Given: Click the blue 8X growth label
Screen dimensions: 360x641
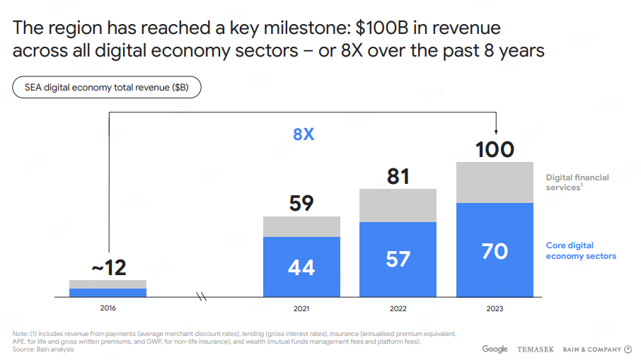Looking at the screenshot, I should tap(304, 134).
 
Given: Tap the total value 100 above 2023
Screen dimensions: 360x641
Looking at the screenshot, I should tap(495, 150).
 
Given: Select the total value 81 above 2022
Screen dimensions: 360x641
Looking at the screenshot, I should tap(398, 176).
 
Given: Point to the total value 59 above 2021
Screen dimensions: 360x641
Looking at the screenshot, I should tap(301, 204).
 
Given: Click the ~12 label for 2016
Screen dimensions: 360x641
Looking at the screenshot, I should tap(108, 268).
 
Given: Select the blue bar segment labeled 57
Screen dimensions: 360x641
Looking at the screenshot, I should tap(398, 259).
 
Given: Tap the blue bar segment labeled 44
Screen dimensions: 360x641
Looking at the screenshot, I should tap(301, 267).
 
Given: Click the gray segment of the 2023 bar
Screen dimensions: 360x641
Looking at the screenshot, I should tap(495, 182).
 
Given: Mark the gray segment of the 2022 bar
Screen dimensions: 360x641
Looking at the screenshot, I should tap(398, 205).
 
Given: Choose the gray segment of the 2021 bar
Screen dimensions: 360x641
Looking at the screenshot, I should tap(301, 226).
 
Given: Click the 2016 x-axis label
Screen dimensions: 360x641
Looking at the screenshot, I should tap(108, 308).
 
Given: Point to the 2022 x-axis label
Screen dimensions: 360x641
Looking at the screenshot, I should tap(398, 308).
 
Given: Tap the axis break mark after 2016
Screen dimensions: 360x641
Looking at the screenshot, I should tap(201, 297).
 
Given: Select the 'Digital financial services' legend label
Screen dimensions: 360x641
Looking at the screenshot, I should tap(577, 182).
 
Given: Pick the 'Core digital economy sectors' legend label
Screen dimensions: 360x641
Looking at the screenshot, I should tap(581, 250).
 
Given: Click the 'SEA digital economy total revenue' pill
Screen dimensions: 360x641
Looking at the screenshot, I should tap(107, 88).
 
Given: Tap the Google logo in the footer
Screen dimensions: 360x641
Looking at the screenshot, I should tap(495, 349).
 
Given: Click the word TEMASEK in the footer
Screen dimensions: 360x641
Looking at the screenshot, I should tap(536, 349).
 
